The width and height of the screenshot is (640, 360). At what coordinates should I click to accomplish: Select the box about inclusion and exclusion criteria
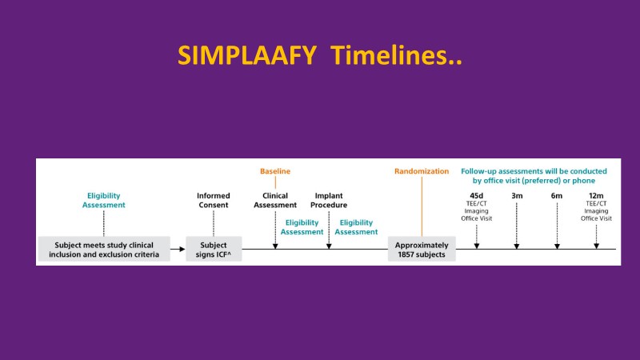pyautogui.click(x=104, y=250)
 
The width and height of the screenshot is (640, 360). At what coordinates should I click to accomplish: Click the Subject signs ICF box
pyautogui.click(x=214, y=250)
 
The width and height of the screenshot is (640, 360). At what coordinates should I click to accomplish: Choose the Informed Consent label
pyautogui.click(x=213, y=199)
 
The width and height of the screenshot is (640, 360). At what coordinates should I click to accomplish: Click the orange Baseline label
pyautogui.click(x=275, y=171)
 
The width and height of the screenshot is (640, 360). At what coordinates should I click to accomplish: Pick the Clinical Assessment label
pyautogui.click(x=275, y=199)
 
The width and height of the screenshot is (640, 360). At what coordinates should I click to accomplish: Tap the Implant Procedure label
pyautogui.click(x=330, y=199)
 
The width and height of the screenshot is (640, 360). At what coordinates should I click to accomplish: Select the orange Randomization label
pyautogui.click(x=422, y=171)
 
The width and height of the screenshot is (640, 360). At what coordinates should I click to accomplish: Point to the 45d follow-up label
pyautogui.click(x=476, y=194)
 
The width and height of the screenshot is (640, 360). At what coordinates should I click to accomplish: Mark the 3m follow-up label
pyautogui.click(x=517, y=194)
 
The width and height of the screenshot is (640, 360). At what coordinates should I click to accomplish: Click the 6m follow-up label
pyautogui.click(x=557, y=194)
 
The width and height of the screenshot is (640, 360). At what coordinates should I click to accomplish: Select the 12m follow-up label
pyautogui.click(x=596, y=194)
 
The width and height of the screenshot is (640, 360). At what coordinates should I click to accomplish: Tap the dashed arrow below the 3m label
pyautogui.click(x=517, y=226)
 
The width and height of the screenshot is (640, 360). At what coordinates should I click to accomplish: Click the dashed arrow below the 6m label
pyautogui.click(x=557, y=226)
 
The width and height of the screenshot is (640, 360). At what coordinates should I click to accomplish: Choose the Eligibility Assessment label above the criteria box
pyautogui.click(x=104, y=199)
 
